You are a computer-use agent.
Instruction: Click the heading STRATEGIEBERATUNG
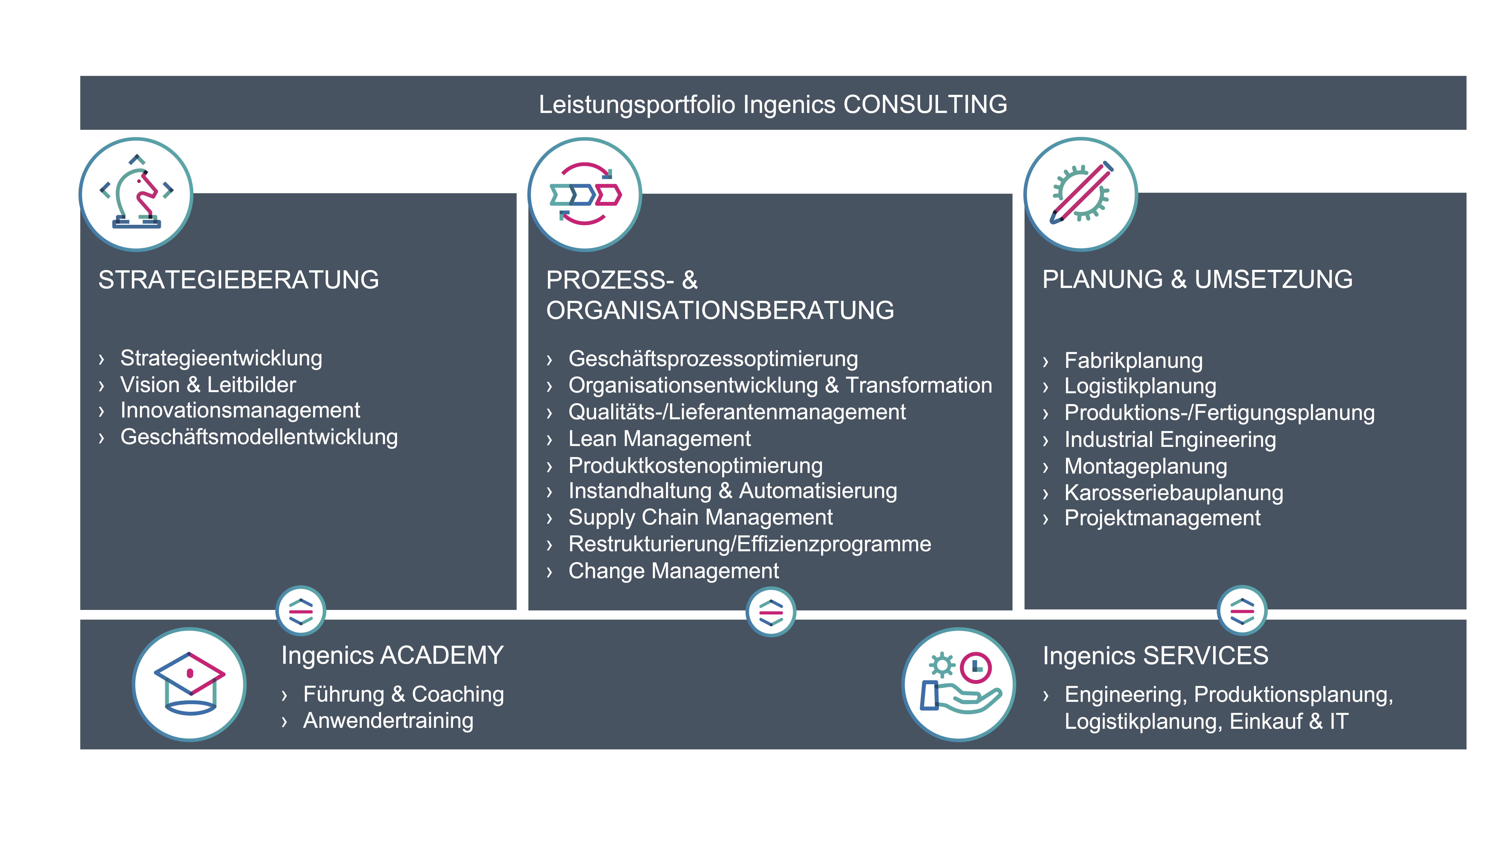[x=238, y=280]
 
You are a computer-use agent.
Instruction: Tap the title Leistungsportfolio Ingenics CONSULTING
[x=773, y=104]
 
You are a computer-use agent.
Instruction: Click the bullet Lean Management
[x=660, y=439]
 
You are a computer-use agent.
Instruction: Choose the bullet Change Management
[x=674, y=571]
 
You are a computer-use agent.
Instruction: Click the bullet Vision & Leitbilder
[x=208, y=385]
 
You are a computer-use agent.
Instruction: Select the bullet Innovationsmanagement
[x=240, y=411]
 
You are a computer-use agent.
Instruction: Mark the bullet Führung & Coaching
[x=404, y=694]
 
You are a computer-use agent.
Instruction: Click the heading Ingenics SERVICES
[x=1155, y=656]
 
